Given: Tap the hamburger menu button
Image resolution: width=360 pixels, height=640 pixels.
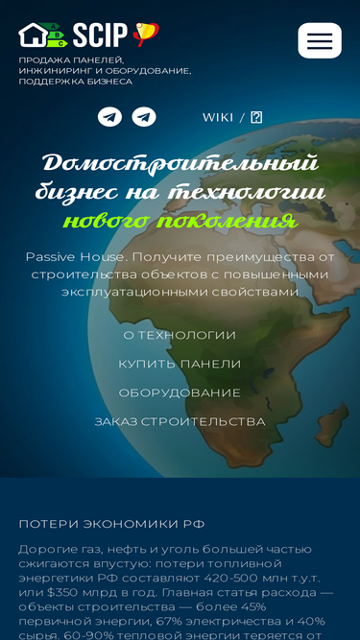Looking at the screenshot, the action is [320, 40].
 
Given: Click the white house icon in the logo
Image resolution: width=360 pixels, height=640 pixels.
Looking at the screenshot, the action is [33, 35].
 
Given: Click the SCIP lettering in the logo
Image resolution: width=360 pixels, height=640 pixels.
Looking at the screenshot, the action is [100, 36].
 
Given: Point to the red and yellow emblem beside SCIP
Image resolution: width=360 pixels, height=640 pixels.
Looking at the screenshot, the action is [146, 35].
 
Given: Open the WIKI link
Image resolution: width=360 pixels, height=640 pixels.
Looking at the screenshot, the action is [218, 118].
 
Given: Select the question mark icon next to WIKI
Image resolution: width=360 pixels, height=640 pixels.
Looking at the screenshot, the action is [256, 118].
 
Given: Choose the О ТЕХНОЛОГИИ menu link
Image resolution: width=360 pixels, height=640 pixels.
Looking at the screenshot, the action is [180, 335].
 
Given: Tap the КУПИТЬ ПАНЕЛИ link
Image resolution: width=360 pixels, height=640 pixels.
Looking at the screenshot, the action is [180, 364].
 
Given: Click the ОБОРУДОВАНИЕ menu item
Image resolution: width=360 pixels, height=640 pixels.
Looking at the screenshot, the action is [180, 393].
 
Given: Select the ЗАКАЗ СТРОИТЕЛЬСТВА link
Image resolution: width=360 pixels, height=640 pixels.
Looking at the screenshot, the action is [180, 421].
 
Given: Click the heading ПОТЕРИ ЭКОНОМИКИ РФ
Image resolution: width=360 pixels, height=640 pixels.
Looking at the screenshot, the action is [111, 525].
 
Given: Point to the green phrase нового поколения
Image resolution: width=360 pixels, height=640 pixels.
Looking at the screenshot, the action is [180, 221].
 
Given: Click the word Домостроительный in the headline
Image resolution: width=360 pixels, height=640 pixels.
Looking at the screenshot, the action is [180, 163].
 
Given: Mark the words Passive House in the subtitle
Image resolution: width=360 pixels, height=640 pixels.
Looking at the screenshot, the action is [74, 257].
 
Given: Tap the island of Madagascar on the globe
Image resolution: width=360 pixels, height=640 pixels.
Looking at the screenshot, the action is [331, 424].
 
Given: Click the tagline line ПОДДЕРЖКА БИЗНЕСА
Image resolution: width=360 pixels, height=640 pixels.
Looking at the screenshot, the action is [76, 82].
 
